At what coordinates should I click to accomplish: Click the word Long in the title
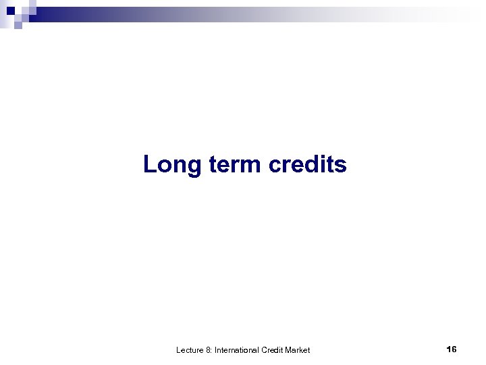(169, 164)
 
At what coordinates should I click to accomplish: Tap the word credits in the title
(308, 164)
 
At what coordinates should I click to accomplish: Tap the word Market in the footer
(297, 349)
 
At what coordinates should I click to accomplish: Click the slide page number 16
(452, 349)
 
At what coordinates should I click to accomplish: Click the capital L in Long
(149, 164)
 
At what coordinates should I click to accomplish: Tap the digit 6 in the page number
(454, 349)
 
